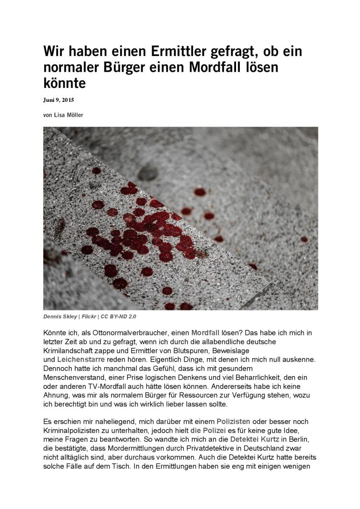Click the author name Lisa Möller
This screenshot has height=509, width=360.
pyautogui.click(x=68, y=115)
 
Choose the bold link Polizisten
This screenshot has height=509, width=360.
pyautogui.click(x=233, y=422)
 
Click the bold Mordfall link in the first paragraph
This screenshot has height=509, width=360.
pyautogui.click(x=205, y=333)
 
